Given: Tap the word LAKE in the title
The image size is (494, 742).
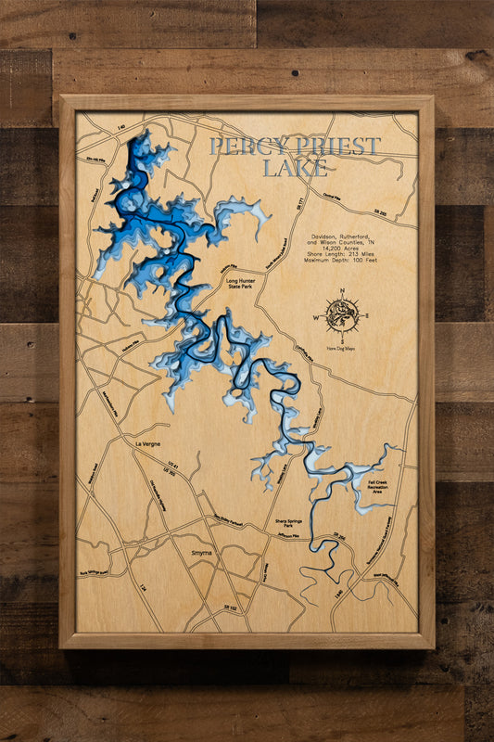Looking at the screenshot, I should pos(295,168).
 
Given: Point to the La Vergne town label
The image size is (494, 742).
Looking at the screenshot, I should pos(148,444).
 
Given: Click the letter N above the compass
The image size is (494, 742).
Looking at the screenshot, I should pos(342,292).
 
